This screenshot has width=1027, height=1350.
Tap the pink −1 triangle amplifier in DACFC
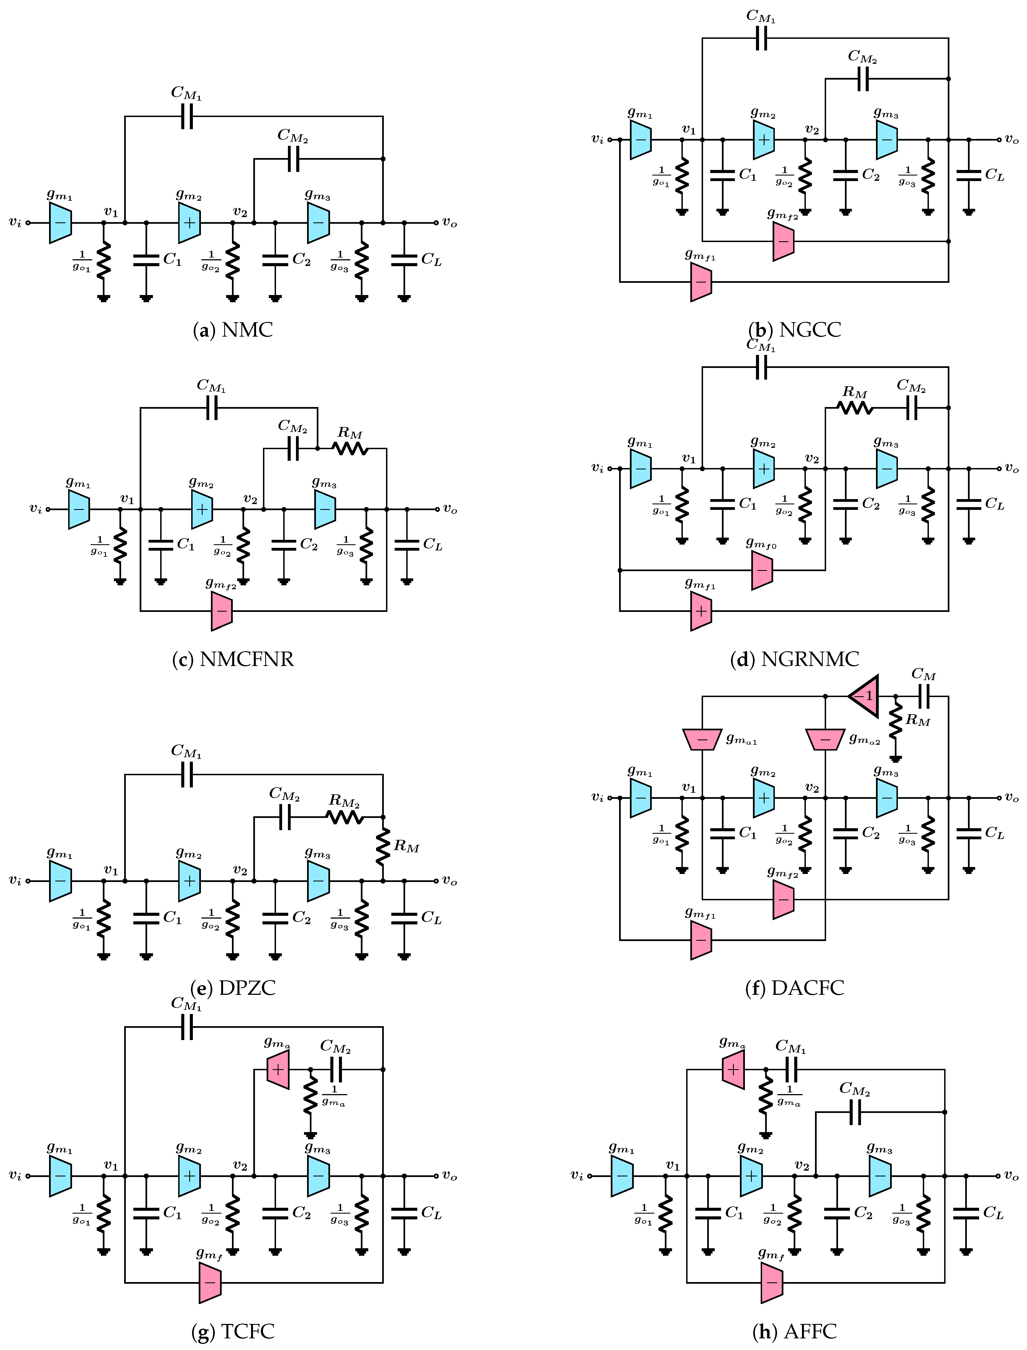[864, 696]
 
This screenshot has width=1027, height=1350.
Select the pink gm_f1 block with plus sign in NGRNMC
[701, 611]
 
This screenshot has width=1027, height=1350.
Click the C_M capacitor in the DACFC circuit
[924, 696]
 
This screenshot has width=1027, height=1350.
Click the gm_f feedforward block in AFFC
[771, 1282]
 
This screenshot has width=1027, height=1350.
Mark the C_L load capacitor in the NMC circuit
[404, 260]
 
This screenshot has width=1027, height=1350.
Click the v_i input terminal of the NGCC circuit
[609, 139]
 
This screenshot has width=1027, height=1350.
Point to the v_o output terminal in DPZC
[436, 881]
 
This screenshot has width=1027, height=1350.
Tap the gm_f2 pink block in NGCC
[783, 241]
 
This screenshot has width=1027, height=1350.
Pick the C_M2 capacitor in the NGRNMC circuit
[911, 408]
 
